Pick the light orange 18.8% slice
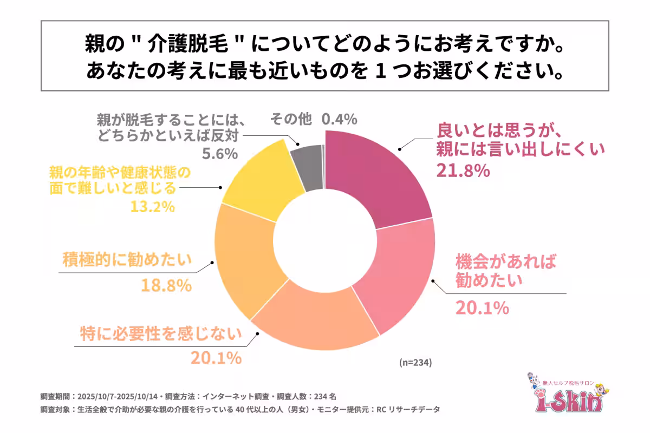[x=244, y=254]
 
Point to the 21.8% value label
[x=463, y=171]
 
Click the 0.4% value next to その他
[x=339, y=119]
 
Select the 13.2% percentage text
[x=152, y=206]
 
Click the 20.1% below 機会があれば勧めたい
[x=482, y=308]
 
